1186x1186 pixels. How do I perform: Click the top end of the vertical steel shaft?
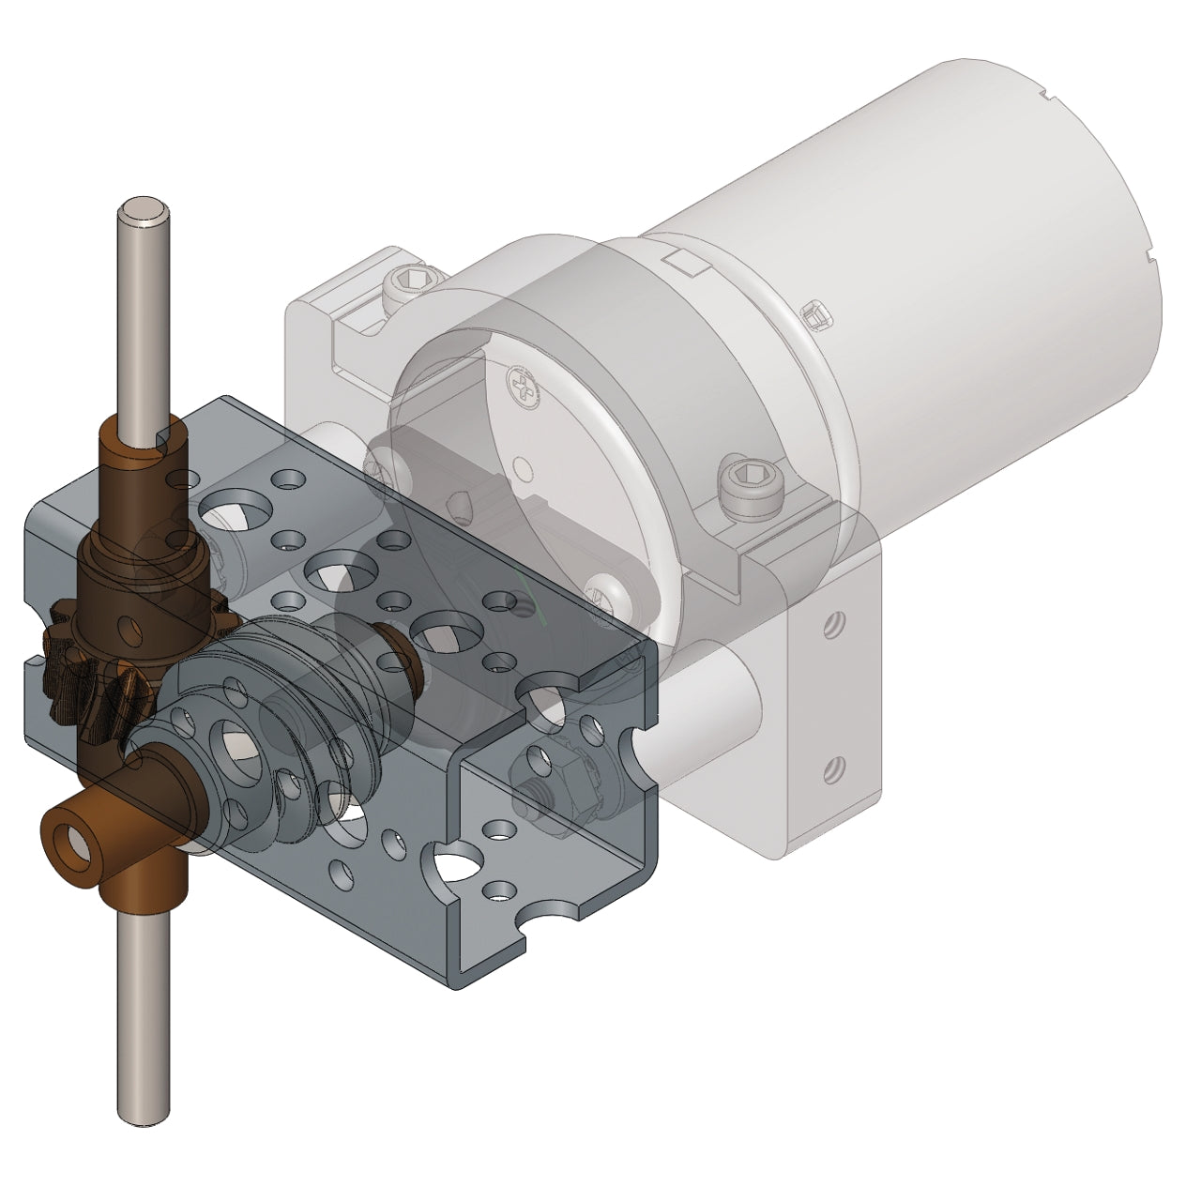pyautogui.click(x=142, y=213)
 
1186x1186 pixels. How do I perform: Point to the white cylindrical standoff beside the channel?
pyautogui.click(x=713, y=713)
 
